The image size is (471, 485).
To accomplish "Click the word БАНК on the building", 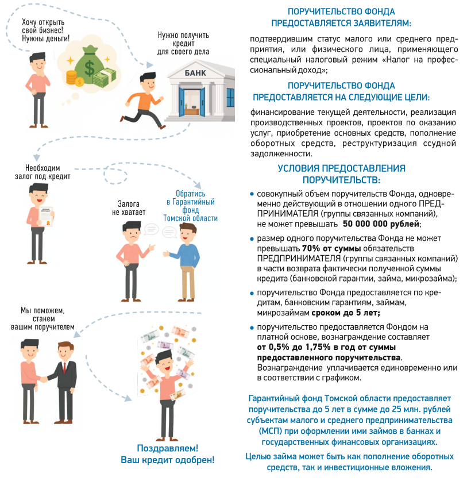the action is pos(195,73).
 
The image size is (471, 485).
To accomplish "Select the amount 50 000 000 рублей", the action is pos(381,224).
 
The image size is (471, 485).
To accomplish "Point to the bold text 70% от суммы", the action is pos(331,248).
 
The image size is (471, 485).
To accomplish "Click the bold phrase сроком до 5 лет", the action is pos(345,313).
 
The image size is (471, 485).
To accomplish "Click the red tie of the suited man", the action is pos(64,368).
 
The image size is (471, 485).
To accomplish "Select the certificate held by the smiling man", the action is pos(45,216).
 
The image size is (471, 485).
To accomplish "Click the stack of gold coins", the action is pos(71,78).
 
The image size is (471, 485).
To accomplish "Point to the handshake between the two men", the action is pos(44,379).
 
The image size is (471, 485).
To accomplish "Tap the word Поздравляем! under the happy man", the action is pos(167,448).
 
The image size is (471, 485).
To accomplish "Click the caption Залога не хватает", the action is pos(128,208).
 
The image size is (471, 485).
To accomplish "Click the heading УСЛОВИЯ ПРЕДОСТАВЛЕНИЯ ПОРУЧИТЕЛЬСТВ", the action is pos(341,174).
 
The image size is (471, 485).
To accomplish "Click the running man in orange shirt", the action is pos(143,101).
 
